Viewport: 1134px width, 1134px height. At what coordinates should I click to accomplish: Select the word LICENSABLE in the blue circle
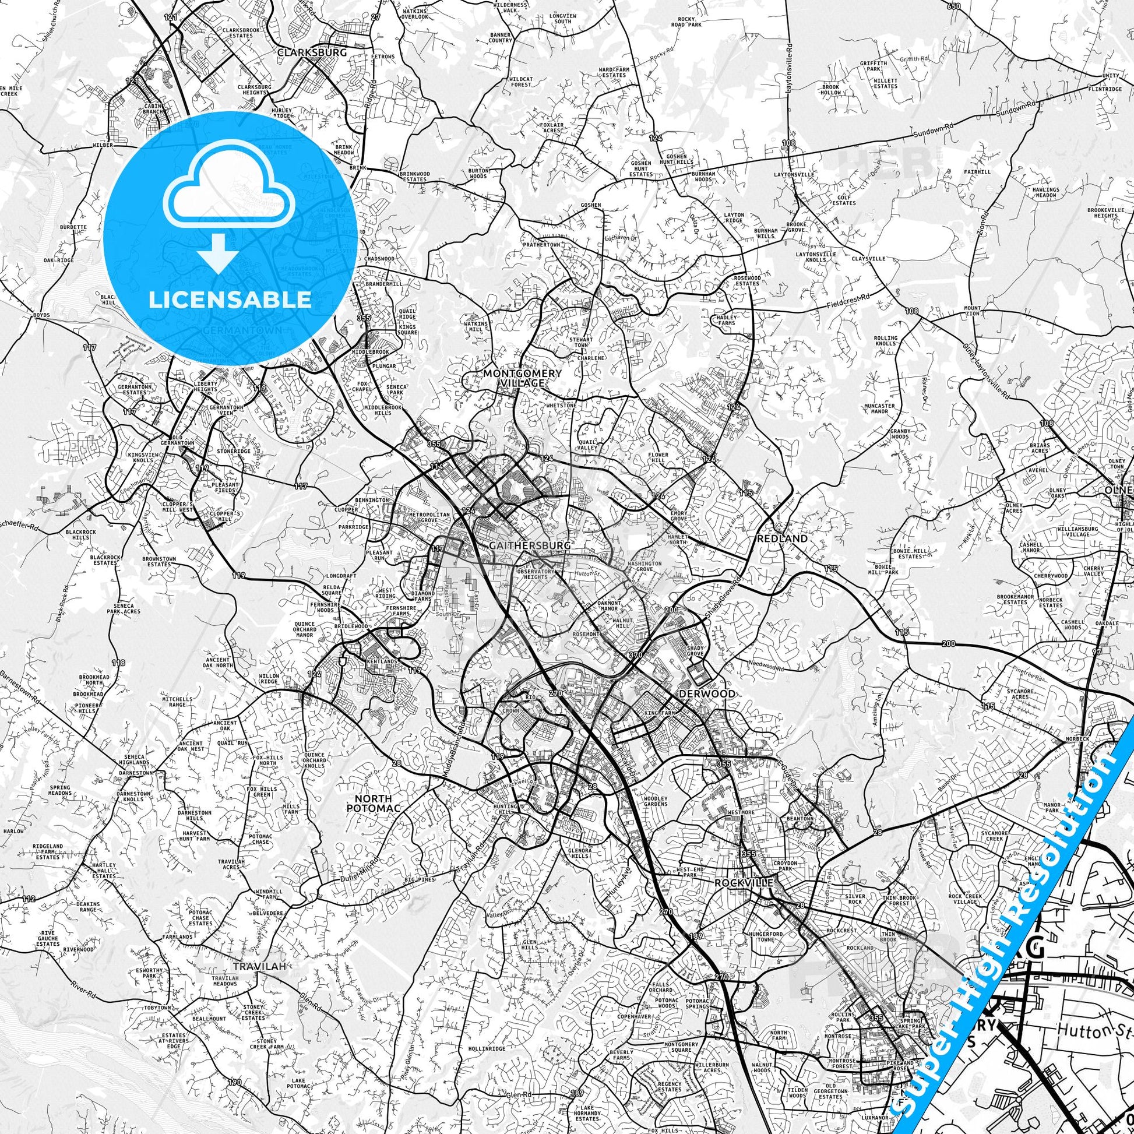click(230, 300)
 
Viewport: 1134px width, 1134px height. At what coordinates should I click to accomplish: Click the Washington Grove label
click(645, 566)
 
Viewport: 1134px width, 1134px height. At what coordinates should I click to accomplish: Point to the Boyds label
click(41, 316)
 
